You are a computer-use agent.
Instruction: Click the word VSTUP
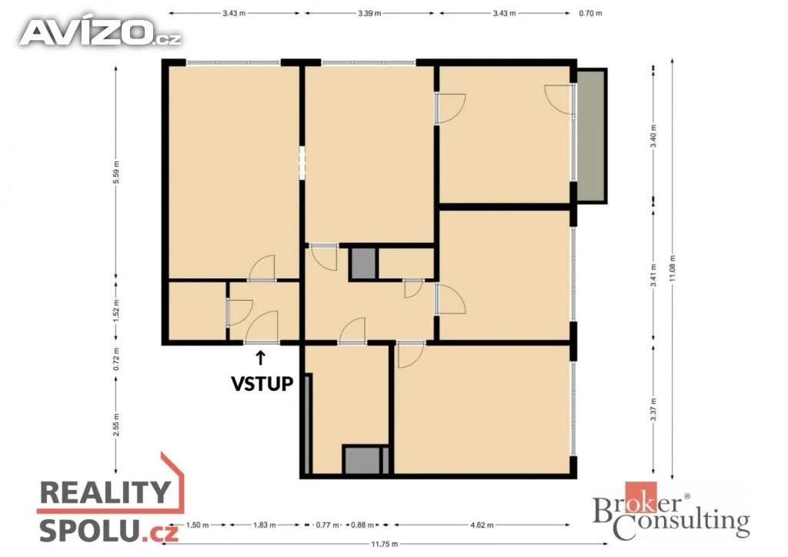(262, 383)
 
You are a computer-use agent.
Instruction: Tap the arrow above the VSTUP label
(260, 358)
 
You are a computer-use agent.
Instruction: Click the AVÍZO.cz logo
(99, 32)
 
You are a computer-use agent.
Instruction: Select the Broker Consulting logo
(671, 512)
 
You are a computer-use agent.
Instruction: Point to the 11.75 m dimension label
(385, 544)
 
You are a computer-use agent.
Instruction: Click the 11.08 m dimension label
(673, 268)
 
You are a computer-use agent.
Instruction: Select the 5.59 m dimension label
(116, 172)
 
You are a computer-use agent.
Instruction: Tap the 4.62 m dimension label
(482, 525)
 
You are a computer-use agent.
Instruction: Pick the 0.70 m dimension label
(590, 13)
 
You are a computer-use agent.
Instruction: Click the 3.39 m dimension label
(369, 13)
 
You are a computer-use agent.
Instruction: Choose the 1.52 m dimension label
(116, 310)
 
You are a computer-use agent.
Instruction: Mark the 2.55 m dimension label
(116, 425)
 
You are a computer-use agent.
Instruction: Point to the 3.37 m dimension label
(653, 409)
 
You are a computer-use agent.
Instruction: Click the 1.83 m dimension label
(265, 525)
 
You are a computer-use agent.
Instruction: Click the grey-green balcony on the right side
(591, 135)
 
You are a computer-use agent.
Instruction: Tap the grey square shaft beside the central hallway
(363, 263)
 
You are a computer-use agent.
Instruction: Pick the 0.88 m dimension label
(362, 525)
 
